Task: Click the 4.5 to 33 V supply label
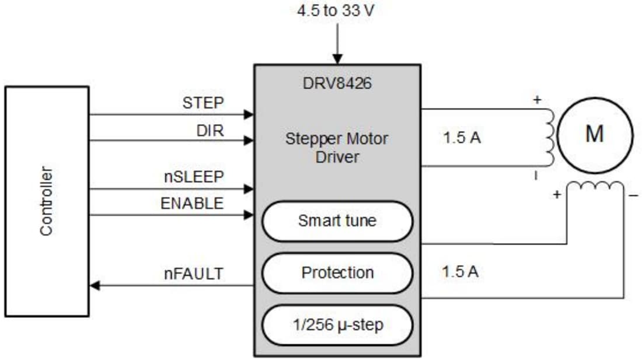click(x=337, y=11)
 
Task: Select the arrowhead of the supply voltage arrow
click(x=337, y=58)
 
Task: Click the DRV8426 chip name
click(x=337, y=83)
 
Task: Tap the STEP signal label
click(x=203, y=103)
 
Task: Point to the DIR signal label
click(x=210, y=131)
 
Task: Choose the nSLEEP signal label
click(x=193, y=177)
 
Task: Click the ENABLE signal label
click(x=192, y=203)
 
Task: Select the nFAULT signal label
click(x=193, y=273)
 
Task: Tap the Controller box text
click(x=47, y=201)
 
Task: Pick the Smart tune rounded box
click(x=337, y=221)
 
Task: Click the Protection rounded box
click(x=337, y=272)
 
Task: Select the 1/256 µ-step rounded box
click(x=337, y=324)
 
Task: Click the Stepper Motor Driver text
click(x=337, y=148)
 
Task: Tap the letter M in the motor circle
click(x=594, y=134)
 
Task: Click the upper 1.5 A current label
click(x=462, y=139)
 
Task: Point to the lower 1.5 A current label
click(x=460, y=271)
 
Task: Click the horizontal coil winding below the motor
click(x=595, y=186)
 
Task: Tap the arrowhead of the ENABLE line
click(x=249, y=215)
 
